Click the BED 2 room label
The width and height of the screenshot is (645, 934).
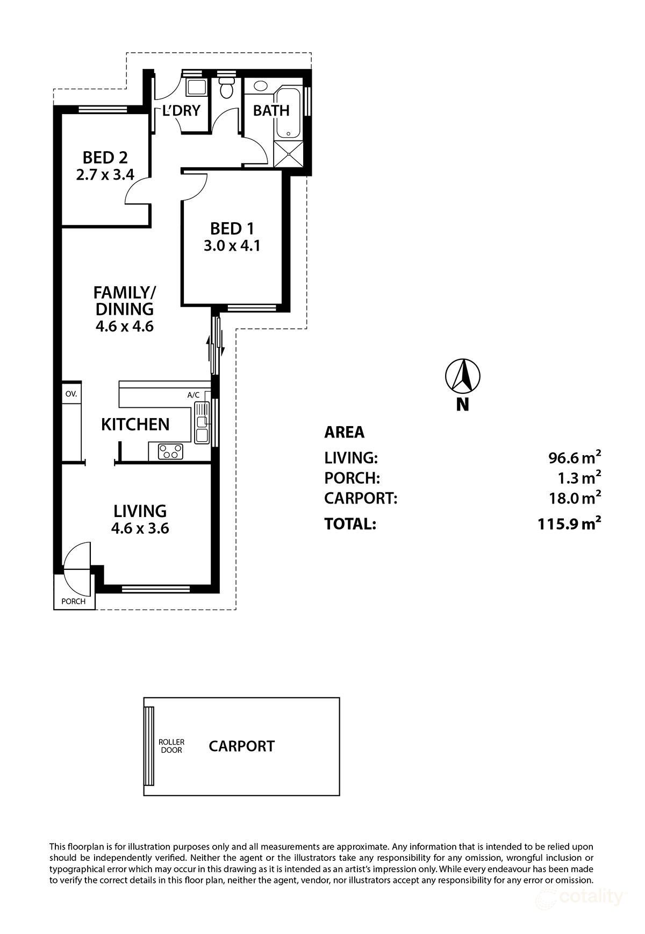point(105,158)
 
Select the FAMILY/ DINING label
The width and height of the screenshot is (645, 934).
point(124,301)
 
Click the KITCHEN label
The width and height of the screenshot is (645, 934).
point(135,424)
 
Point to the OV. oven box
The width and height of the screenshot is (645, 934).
point(71,394)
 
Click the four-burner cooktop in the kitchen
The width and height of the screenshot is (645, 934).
point(170,451)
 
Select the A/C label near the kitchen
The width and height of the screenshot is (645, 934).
point(193,395)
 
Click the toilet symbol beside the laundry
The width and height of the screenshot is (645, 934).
point(226,88)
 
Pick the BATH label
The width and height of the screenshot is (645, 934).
point(271,111)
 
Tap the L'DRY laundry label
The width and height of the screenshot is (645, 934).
point(181,111)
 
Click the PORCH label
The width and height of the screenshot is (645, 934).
point(74,601)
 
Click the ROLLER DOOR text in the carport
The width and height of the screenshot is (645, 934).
point(171,746)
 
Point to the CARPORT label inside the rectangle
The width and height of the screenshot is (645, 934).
point(241,746)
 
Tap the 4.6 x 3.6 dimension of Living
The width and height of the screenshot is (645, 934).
point(140,528)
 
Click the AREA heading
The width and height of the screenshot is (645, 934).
point(344,432)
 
